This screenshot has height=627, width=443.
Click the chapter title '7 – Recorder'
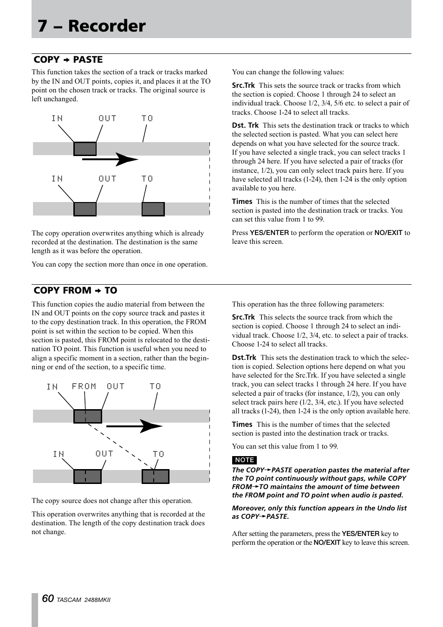pyautogui.click(x=91, y=26)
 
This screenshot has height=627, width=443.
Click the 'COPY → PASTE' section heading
pyautogui.click(x=68, y=59)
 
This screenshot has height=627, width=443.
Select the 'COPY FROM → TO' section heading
pyautogui.click(x=75, y=290)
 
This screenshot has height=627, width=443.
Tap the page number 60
pyautogui.click(x=48, y=599)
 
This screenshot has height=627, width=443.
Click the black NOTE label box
pyautogui.click(x=244, y=460)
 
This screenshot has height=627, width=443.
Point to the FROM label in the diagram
pyautogui.click(x=84, y=386)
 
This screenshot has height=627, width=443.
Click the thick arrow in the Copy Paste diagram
pyautogui.click(x=110, y=159)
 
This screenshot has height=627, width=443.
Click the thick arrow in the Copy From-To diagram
pyautogui.click(x=134, y=426)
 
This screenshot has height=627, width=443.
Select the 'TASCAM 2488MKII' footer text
pyautogui.click(x=84, y=600)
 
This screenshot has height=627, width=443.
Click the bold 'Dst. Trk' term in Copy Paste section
pyautogui.click(x=245, y=125)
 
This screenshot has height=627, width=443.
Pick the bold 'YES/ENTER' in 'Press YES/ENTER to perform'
pyautogui.click(x=269, y=233)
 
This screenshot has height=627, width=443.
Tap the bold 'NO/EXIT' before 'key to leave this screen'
pyautogui.click(x=327, y=542)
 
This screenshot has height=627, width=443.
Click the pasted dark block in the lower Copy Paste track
pyautogui.click(x=153, y=209)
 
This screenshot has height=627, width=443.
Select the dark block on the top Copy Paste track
pyautogui.click(x=85, y=149)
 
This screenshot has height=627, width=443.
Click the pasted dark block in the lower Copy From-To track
pyautogui.click(x=155, y=477)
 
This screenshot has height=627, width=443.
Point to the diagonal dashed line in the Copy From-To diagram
pyautogui.click(x=121, y=446)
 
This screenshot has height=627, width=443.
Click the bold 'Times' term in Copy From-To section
pyautogui.click(x=242, y=425)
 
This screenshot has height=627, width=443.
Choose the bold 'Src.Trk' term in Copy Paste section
pyautogui.click(x=243, y=85)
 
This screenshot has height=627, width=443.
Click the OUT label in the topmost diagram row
pyautogui.click(x=107, y=118)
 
